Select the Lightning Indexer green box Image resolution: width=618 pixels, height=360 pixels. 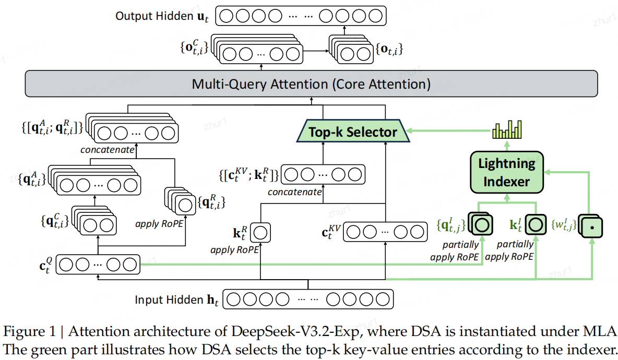pos(507,173)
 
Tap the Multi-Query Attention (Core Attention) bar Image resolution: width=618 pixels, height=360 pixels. pos(311,84)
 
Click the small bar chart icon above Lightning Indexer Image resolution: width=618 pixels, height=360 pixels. pos(507,129)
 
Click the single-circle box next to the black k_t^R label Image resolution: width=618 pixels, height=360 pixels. pos(262,232)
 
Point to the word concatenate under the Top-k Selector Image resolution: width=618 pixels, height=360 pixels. pos(295,191)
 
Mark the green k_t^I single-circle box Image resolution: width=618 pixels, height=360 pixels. pos(536,225)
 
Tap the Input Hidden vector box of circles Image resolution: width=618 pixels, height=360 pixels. pos(308,299)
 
